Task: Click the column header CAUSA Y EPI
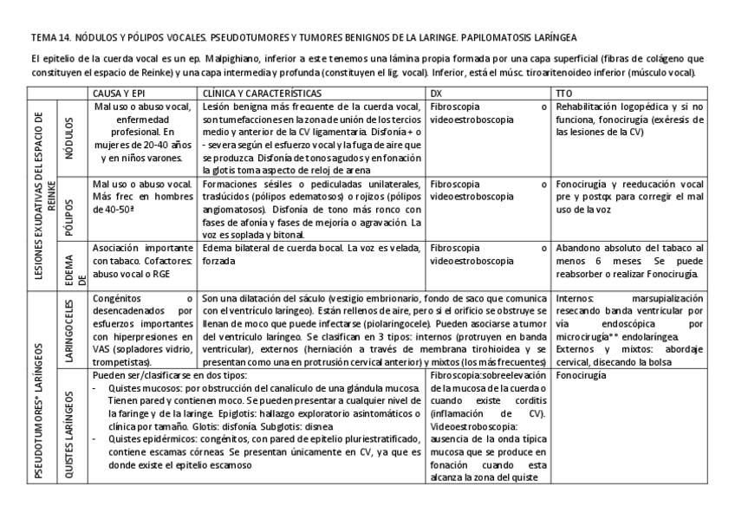coord(121,92)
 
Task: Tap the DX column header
coord(436,92)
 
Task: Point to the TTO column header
coord(565,92)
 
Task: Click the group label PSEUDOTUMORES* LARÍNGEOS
coord(42,388)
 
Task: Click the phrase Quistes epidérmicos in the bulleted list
coord(144,438)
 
